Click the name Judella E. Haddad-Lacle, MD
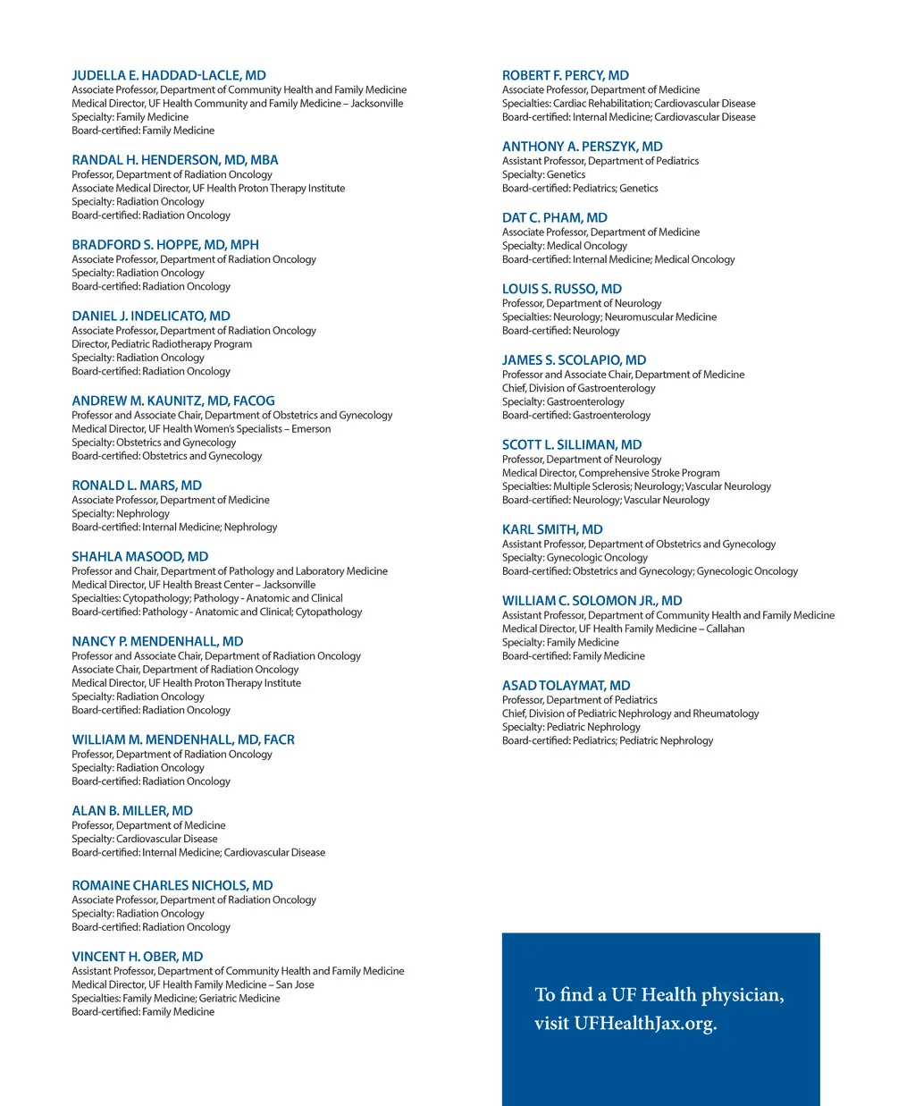tap(169, 76)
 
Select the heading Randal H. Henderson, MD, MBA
tap(175, 160)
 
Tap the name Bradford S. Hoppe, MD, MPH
tap(165, 245)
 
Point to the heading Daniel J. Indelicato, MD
tap(151, 317)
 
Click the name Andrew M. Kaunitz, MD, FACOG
tap(173, 401)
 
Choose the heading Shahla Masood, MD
tap(140, 557)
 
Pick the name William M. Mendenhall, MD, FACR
tap(183, 740)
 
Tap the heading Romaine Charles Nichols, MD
tap(172, 886)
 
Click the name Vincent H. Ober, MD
tap(138, 957)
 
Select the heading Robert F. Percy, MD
tap(566, 76)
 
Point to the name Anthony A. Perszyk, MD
tap(583, 147)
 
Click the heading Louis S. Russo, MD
tap(562, 290)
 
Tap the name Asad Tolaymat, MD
tap(567, 686)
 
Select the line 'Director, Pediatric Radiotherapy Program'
tap(162, 344)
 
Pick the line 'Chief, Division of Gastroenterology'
tap(579, 388)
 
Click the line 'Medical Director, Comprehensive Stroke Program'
tap(611, 473)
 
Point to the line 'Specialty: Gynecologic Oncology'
tap(575, 558)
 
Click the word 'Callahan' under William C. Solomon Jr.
tap(726, 629)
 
